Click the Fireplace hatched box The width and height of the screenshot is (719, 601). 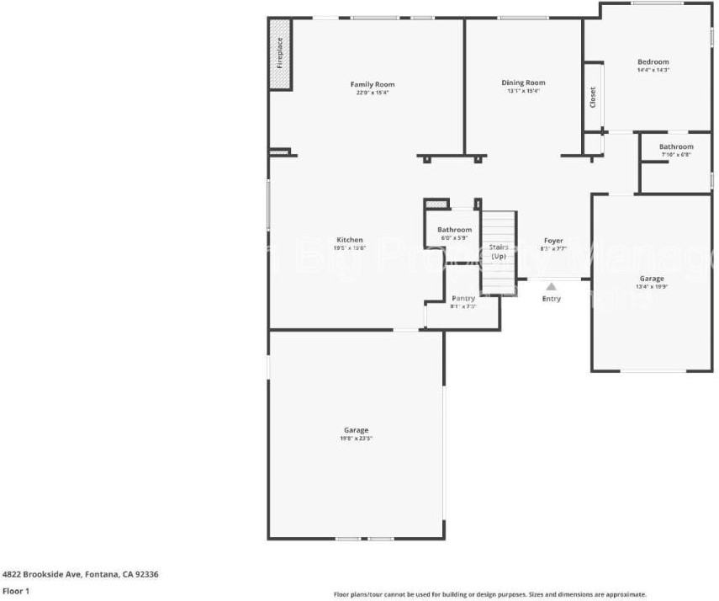coord(280,54)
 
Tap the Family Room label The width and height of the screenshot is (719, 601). coord(373,84)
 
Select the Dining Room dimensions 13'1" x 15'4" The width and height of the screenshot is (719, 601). coord(523,91)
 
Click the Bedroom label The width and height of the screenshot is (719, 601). coord(653,61)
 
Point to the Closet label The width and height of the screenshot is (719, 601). coord(593,97)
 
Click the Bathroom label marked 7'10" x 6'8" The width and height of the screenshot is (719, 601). coord(676,146)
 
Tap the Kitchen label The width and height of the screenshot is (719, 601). coord(350,240)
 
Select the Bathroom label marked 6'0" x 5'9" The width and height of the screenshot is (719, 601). coord(454,230)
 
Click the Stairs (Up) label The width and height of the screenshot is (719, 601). coord(499,251)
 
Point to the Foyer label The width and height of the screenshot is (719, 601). coord(553,241)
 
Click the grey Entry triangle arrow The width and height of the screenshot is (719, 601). coord(551,286)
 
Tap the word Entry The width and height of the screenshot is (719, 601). coord(551,299)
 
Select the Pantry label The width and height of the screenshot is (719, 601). coord(463,298)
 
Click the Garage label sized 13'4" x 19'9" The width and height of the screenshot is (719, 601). coord(652,279)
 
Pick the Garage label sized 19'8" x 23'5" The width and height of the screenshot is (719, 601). coord(356,430)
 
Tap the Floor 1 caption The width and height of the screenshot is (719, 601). coord(15,591)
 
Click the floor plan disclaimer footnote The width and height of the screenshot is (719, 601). coord(489,593)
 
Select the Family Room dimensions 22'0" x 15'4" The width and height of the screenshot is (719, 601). coord(373,92)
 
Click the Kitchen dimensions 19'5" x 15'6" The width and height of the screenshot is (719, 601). coord(350,247)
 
